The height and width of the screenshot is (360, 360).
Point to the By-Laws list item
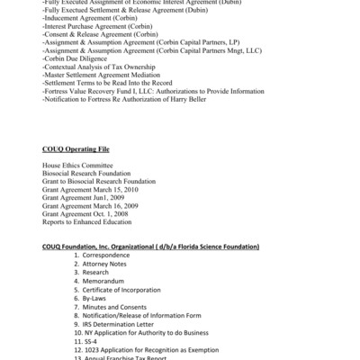[98, 297]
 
